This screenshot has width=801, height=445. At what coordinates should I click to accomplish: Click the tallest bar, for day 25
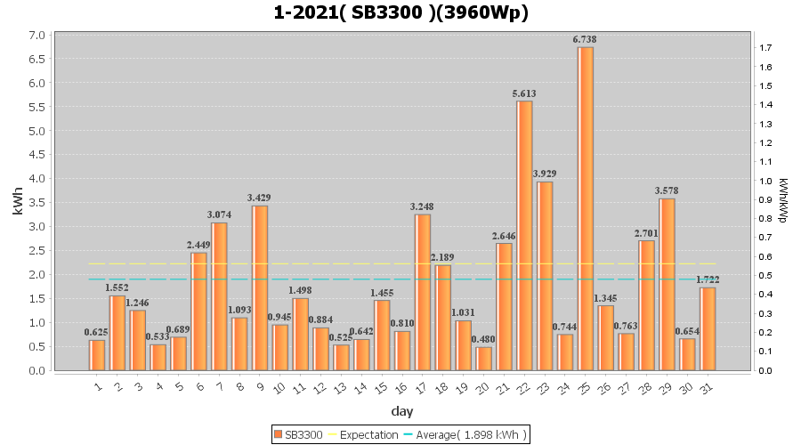(585, 208)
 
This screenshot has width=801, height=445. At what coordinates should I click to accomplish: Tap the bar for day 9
(260, 287)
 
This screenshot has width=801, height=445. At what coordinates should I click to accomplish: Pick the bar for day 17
(422, 292)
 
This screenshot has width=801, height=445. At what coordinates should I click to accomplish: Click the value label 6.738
(585, 39)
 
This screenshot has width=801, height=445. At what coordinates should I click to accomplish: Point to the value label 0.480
(483, 339)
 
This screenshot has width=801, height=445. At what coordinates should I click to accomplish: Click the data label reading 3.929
(545, 174)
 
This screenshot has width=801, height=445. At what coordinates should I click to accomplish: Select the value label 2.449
(198, 245)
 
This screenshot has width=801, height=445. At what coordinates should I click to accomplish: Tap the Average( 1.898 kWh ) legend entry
(465, 434)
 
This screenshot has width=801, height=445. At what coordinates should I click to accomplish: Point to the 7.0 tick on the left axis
(37, 36)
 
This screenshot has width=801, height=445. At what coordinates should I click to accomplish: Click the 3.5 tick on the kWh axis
(37, 203)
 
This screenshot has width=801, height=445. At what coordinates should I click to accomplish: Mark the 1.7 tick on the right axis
(765, 48)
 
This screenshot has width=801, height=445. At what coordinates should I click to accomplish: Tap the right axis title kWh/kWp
(783, 201)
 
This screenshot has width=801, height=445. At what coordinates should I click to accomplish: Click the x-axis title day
(400, 410)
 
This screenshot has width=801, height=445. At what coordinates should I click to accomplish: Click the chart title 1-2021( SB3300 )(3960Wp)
(400, 13)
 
